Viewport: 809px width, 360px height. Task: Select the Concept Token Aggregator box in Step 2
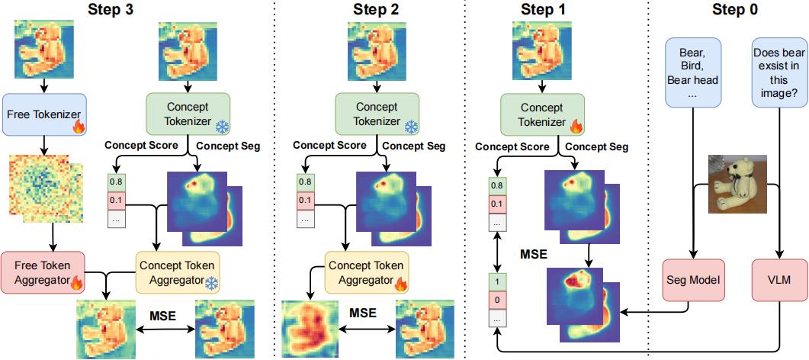coord(364,272)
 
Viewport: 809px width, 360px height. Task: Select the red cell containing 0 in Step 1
coord(497,300)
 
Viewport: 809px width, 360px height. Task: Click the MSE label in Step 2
coord(364,313)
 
